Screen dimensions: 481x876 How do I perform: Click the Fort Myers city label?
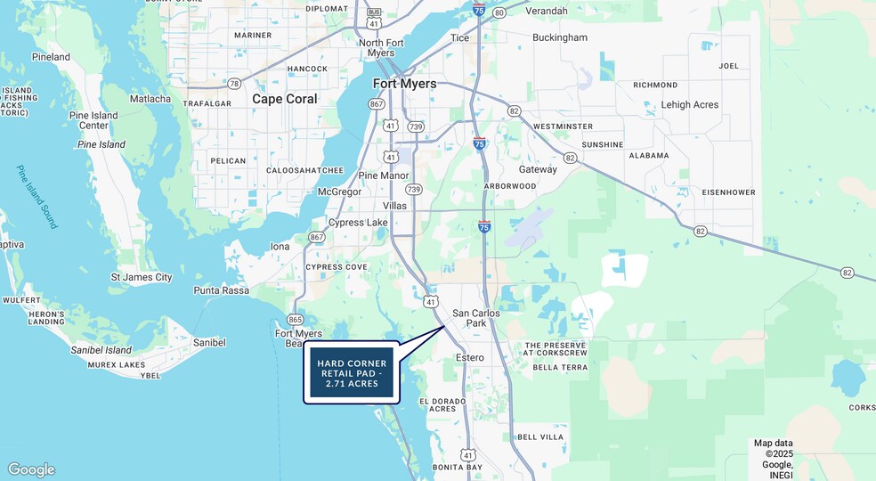click(404, 84)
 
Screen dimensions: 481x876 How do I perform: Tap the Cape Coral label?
click(284, 99)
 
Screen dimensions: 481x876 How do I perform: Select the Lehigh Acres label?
click(689, 104)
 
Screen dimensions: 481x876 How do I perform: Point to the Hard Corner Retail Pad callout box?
click(352, 374)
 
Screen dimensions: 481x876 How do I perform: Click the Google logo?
click(31, 469)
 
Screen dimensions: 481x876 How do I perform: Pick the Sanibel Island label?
click(101, 350)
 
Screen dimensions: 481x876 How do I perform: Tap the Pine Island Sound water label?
click(37, 197)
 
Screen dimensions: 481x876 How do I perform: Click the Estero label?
click(469, 357)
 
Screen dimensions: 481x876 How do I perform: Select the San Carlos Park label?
click(476, 318)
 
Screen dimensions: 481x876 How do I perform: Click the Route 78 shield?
click(234, 83)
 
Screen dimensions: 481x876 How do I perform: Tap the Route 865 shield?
click(296, 319)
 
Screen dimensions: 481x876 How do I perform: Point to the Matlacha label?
click(150, 99)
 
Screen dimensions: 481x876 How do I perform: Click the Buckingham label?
click(560, 37)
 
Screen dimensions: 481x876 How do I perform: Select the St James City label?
click(142, 277)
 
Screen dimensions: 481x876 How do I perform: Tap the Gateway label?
click(538, 169)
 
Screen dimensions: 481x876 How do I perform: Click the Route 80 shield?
click(499, 12)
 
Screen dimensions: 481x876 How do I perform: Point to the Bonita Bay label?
click(457, 467)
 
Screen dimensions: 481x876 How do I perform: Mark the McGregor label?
click(339, 192)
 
